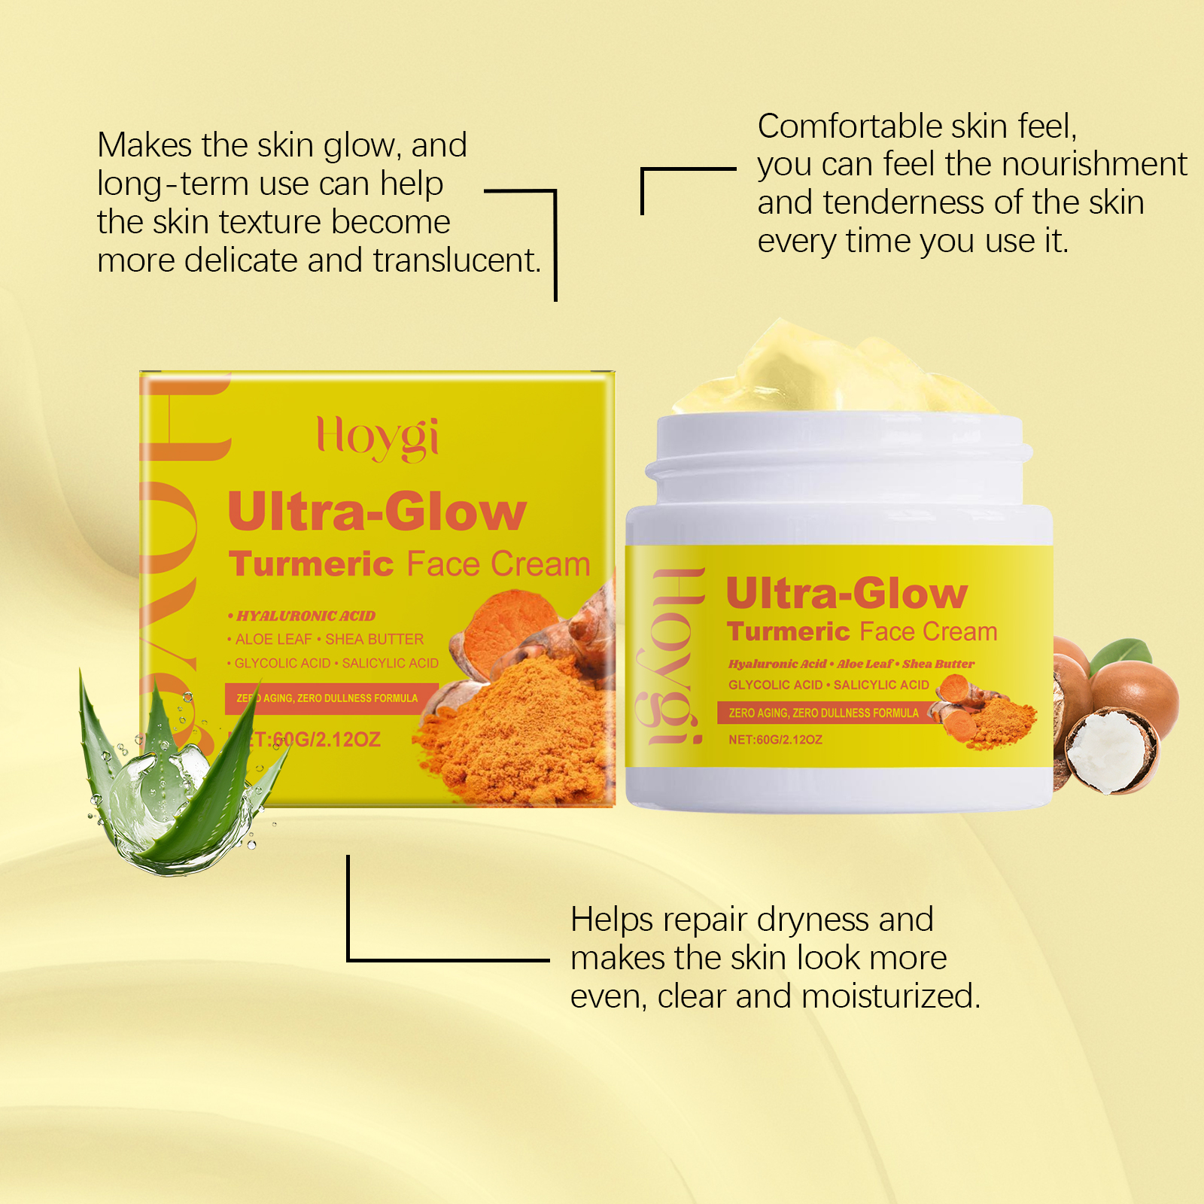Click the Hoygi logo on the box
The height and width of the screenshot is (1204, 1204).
pyautogui.click(x=378, y=438)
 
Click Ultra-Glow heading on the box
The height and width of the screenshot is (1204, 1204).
pyautogui.click(x=377, y=512)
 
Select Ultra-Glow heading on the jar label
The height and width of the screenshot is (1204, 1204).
pyautogui.click(x=847, y=594)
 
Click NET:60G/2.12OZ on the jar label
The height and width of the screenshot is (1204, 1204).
pyautogui.click(x=775, y=740)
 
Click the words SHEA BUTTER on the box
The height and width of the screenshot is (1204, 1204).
pyautogui.click(x=374, y=639)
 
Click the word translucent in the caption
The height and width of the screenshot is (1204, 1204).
pyautogui.click(x=458, y=260)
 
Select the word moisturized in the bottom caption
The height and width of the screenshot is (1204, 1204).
pyautogui.click(x=892, y=996)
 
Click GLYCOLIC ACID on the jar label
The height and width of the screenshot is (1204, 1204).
pyautogui.click(x=775, y=685)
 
